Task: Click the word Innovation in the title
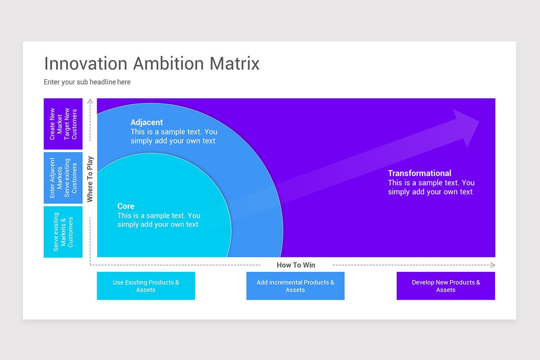pyautogui.click(x=86, y=63)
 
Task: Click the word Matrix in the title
pyautogui.click(x=234, y=63)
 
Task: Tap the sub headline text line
pyautogui.click(x=87, y=82)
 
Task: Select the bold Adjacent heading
pyautogui.click(x=147, y=122)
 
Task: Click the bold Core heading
pyautogui.click(x=126, y=206)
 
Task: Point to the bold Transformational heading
pyautogui.click(x=419, y=173)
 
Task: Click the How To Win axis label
pyautogui.click(x=296, y=265)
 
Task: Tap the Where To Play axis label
pyautogui.click(x=90, y=179)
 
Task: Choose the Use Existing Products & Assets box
pyautogui.click(x=146, y=286)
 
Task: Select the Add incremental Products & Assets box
pyautogui.click(x=295, y=286)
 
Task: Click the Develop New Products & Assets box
pyautogui.click(x=446, y=286)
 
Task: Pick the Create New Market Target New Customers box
pyautogui.click(x=63, y=124)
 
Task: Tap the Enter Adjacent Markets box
pyautogui.click(x=63, y=178)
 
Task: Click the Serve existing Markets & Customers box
pyautogui.click(x=63, y=232)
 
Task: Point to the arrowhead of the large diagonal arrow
pyautogui.click(x=467, y=126)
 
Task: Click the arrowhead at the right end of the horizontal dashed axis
pyautogui.click(x=493, y=265)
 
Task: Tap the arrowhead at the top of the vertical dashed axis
pyautogui.click(x=90, y=101)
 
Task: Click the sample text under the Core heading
pyautogui.click(x=159, y=220)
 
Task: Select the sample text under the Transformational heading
pyautogui.click(x=431, y=187)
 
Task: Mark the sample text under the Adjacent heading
pyautogui.click(x=174, y=136)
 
